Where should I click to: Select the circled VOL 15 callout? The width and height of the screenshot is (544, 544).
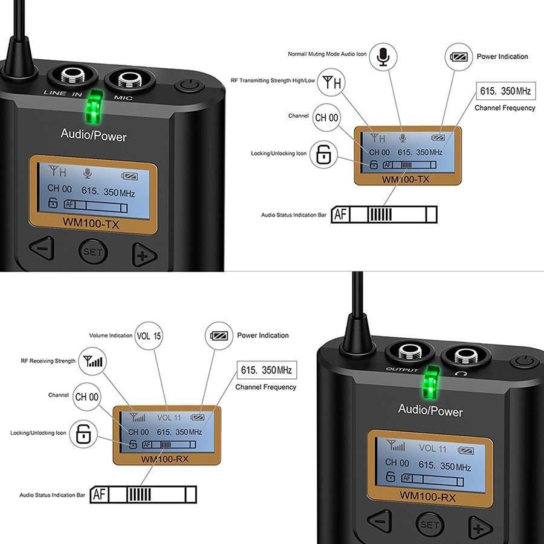[149, 335]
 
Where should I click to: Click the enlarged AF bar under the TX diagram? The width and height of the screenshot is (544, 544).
[384, 214]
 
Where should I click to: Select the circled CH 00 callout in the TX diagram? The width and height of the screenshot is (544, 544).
[326, 117]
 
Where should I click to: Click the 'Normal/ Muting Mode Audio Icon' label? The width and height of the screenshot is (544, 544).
[327, 54]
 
